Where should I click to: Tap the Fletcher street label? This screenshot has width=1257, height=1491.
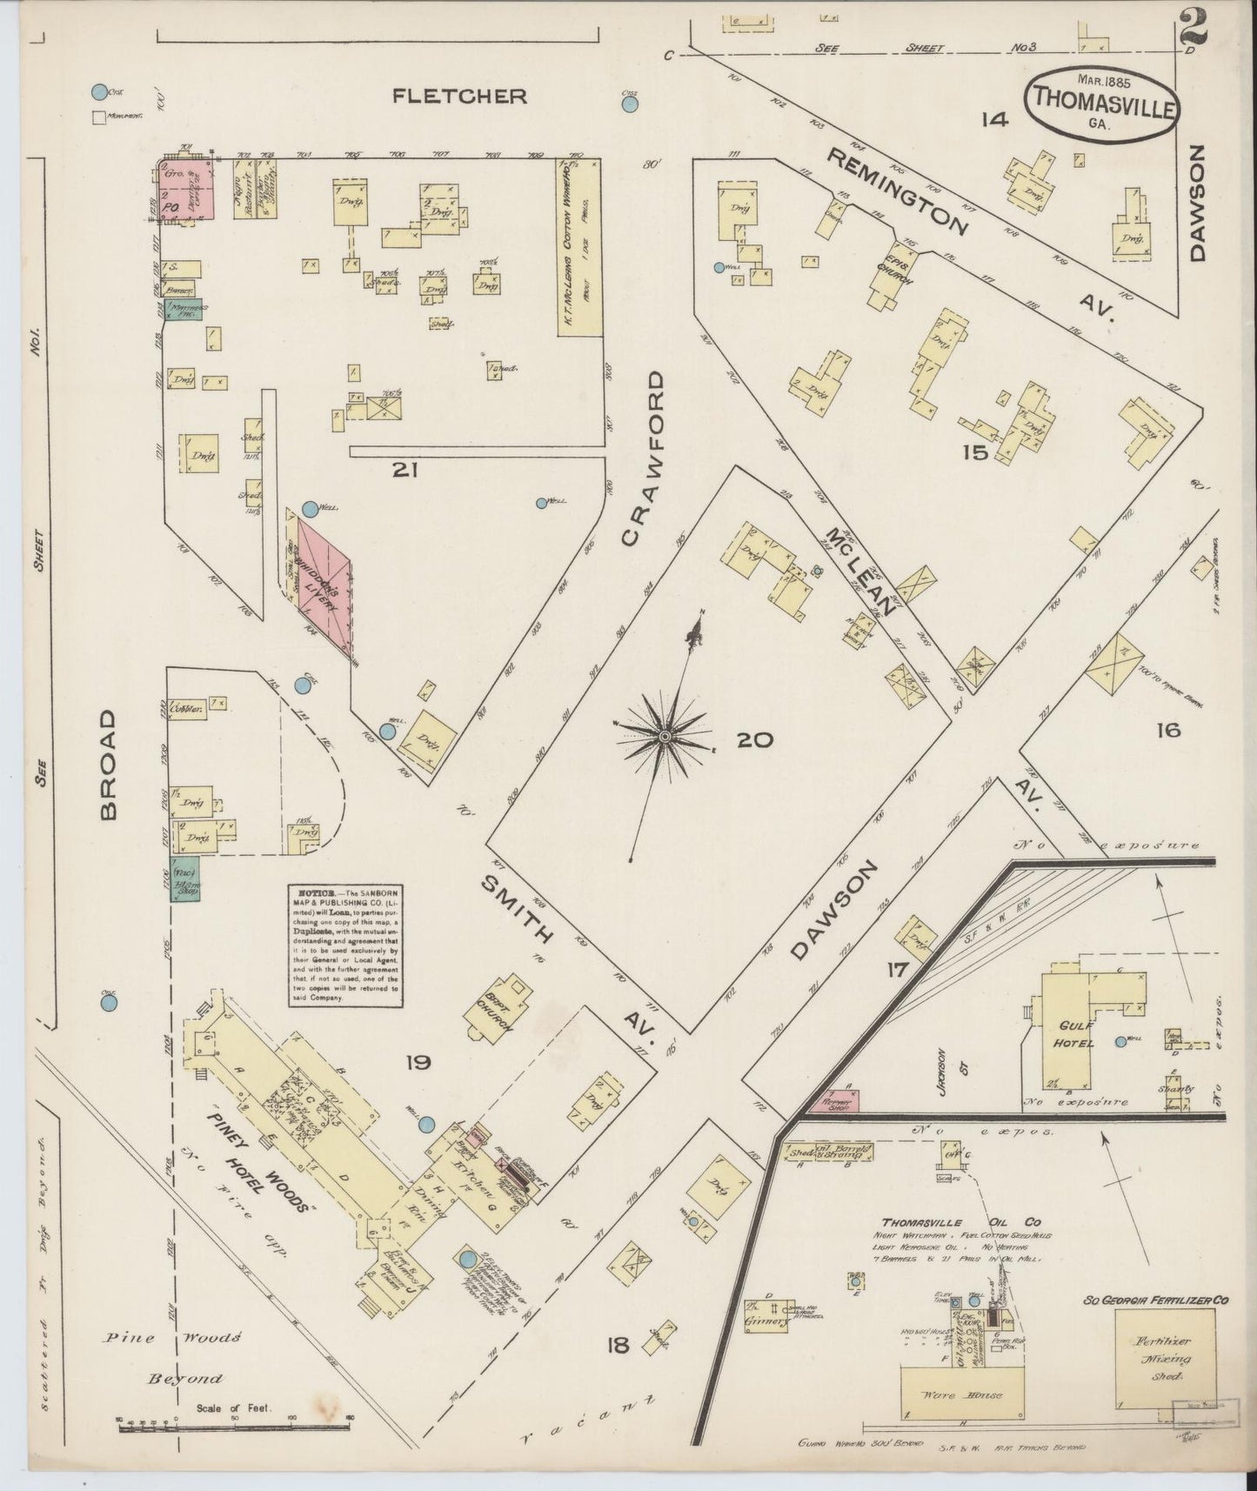pyautogui.click(x=459, y=96)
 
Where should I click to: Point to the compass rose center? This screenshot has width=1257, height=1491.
pyautogui.click(x=665, y=737)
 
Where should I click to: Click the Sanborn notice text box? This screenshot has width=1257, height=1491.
pyautogui.click(x=346, y=946)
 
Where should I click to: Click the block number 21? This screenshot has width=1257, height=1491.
pyautogui.click(x=405, y=471)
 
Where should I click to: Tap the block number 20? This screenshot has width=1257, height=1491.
pyautogui.click(x=754, y=740)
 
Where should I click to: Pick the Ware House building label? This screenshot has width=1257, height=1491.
pyautogui.click(x=954, y=1394)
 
